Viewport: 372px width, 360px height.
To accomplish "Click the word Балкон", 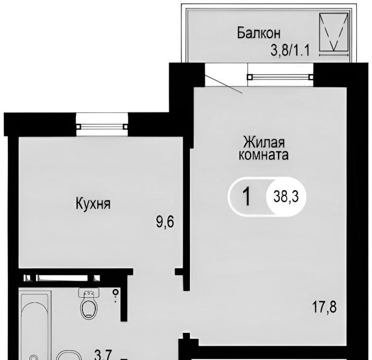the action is pyautogui.click(x=259, y=33).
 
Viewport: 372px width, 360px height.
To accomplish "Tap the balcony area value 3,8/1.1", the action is pyautogui.click(x=291, y=50).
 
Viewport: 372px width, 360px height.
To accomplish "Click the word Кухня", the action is pyautogui.click(x=93, y=204).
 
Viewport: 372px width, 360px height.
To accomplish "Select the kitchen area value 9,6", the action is pyautogui.click(x=165, y=222).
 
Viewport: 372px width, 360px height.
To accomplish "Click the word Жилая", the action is pyautogui.click(x=263, y=143).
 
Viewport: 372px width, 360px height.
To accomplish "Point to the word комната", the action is pyautogui.click(x=263, y=155).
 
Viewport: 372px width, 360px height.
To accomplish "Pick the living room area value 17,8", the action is pyautogui.click(x=324, y=308).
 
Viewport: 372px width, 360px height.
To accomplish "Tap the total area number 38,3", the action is pyautogui.click(x=286, y=197).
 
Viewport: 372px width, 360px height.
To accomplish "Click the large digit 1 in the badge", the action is pyautogui.click(x=247, y=196).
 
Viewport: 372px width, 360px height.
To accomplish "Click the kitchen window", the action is pyautogui.click(x=102, y=127).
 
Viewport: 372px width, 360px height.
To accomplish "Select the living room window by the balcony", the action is pyautogui.click(x=280, y=77).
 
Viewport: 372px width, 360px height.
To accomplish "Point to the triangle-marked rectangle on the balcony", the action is pyautogui.click(x=334, y=32).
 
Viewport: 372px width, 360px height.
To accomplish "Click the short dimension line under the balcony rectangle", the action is pyautogui.click(x=334, y=55).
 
